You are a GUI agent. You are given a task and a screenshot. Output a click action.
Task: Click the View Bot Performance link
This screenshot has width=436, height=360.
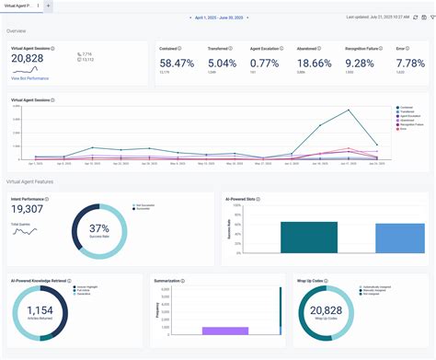[x=30, y=79]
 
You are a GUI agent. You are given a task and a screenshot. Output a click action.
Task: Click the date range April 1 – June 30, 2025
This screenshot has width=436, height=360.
[x=218, y=17]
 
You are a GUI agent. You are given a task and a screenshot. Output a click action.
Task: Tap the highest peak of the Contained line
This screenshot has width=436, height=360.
[x=348, y=110]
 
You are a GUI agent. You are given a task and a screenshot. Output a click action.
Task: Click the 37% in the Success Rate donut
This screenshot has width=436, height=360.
[x=99, y=227]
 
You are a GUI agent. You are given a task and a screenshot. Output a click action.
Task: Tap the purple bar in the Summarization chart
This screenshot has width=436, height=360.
[x=225, y=330]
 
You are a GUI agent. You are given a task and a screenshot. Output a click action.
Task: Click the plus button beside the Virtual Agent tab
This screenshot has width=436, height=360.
[x=48, y=6]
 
